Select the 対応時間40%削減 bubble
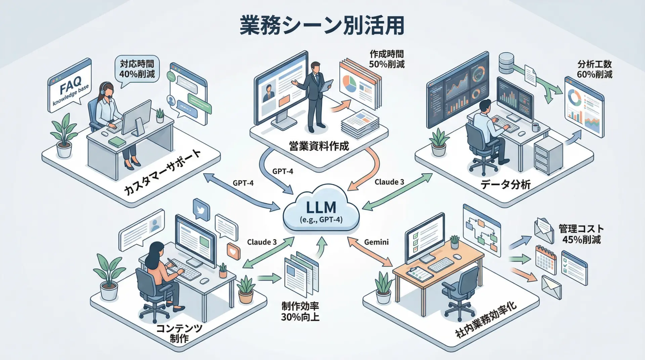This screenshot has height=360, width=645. click(x=137, y=69)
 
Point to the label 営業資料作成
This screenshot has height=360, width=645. click(x=319, y=146)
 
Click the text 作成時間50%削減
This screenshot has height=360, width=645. click(x=387, y=59)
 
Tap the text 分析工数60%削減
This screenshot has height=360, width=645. click(x=594, y=69)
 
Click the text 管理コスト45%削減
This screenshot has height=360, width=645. click(x=581, y=234)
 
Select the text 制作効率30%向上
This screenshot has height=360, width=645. click(x=300, y=311)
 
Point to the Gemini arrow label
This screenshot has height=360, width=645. click(x=376, y=242)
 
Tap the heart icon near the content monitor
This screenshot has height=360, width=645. click(x=233, y=251)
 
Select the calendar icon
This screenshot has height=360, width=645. click(x=546, y=260)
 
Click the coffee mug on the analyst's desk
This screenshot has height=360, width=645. click(x=536, y=127)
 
